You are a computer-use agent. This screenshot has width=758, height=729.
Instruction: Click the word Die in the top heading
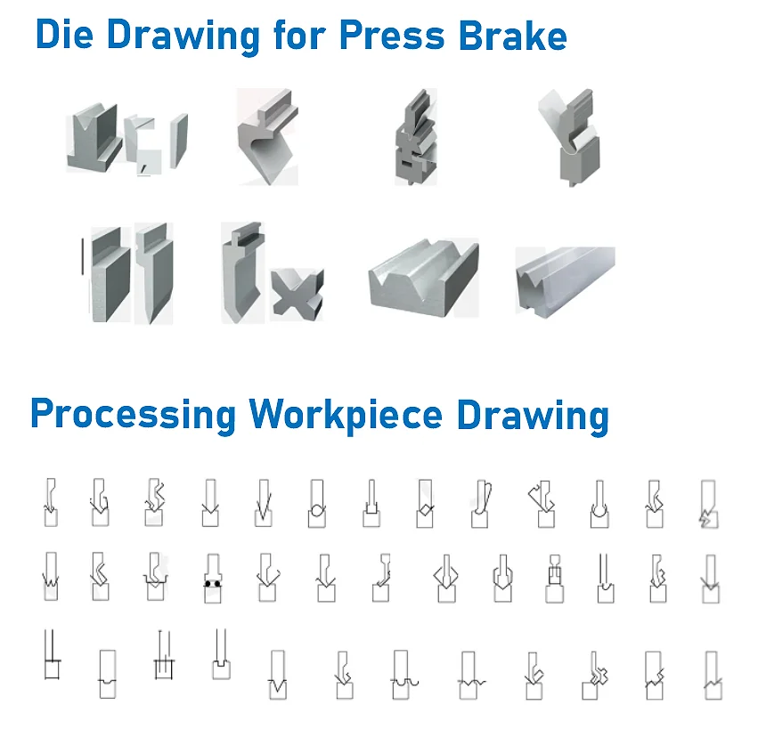tap(64, 35)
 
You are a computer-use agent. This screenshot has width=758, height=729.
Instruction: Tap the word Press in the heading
tap(392, 35)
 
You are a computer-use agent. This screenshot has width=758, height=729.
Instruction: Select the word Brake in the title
tap(513, 35)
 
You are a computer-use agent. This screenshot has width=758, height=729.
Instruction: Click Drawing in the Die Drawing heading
tap(183, 37)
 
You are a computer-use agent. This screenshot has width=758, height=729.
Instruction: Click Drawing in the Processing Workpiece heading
tap(533, 416)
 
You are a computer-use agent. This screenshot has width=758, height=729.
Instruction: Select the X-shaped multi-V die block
tap(297, 295)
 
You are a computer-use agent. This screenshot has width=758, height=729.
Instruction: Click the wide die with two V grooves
tap(424, 278)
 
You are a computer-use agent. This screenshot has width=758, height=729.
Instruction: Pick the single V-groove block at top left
tap(94, 137)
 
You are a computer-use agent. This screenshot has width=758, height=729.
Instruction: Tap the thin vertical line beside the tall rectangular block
tap(83, 256)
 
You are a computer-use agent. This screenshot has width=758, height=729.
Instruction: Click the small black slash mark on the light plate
tap(143, 168)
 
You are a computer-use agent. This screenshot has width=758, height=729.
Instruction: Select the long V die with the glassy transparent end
tap(565, 281)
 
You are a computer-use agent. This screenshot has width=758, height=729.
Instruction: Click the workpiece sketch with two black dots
tap(213, 579)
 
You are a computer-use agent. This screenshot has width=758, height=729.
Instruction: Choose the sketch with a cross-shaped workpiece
tap(596, 676)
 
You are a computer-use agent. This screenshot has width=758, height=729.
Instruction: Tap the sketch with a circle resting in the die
tap(317, 504)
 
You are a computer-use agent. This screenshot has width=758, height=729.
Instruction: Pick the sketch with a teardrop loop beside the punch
tap(482, 504)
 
